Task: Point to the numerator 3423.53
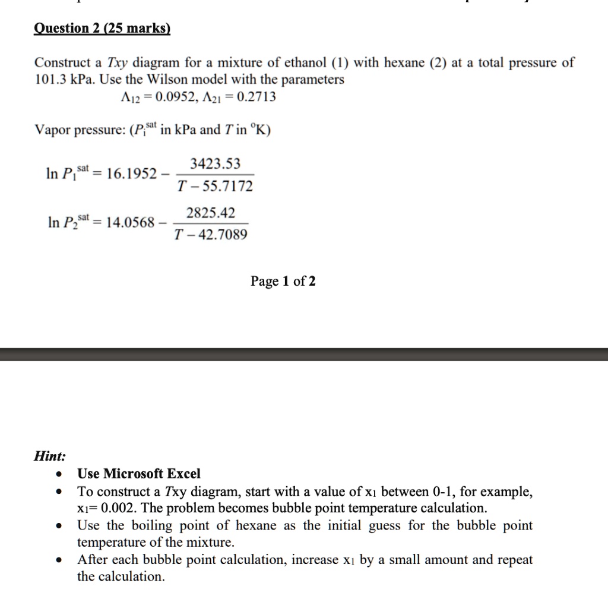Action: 215,163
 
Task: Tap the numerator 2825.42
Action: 210,213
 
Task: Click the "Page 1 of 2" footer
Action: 283,281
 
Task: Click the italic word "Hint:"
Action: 50,456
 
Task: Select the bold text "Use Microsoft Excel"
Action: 139,474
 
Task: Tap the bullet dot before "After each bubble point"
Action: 58,560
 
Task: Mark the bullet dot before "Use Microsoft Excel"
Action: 58,474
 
